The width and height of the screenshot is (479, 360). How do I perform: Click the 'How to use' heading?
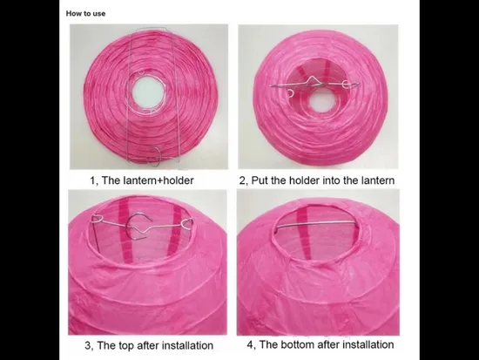point(85,14)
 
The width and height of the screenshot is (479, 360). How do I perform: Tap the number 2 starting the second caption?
point(243,180)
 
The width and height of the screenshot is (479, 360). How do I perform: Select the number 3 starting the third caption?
point(88,346)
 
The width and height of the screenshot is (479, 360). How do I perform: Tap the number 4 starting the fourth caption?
point(251,344)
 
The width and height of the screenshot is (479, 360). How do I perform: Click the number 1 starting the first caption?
point(93,180)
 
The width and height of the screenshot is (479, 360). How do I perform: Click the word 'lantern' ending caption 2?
point(377,180)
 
